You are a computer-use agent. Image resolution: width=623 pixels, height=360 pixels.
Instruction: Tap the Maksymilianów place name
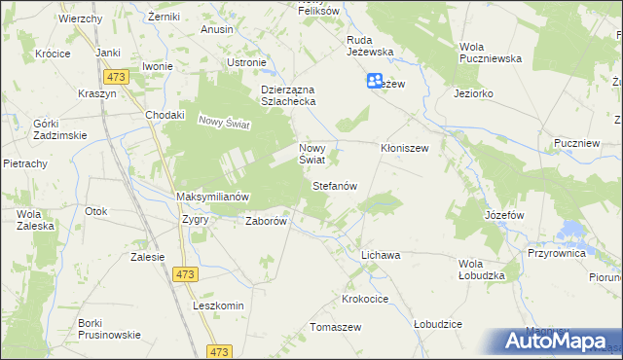(x=213, y=197)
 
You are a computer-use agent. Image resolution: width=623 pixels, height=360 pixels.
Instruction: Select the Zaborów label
(x=266, y=221)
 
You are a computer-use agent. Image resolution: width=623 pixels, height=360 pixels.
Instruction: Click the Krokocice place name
(x=366, y=298)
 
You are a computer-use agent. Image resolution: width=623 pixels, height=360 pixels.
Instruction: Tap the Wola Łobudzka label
(x=483, y=269)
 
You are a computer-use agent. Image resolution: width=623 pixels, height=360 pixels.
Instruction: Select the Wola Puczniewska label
(x=491, y=53)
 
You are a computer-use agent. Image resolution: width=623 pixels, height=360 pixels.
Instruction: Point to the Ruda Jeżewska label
(x=369, y=46)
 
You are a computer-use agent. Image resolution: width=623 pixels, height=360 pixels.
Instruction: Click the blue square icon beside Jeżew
(x=375, y=82)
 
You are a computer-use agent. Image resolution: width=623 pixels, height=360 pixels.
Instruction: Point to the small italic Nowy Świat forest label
(x=225, y=123)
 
